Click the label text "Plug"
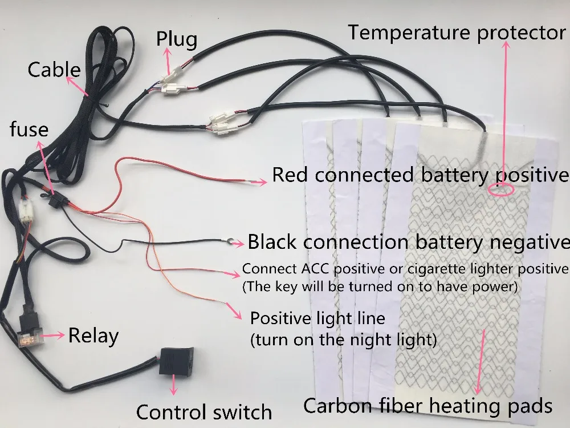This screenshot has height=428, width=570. [177, 39]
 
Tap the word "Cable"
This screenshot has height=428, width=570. [54, 70]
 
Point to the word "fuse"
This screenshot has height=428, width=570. [29, 130]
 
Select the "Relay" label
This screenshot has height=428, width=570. [93, 336]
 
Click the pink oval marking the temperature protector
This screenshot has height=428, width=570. [501, 189]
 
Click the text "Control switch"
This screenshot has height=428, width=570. [204, 411]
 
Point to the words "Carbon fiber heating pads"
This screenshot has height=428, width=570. [427, 406]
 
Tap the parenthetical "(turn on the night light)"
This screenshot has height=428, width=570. [344, 341]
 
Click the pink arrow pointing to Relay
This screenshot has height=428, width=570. [55, 336]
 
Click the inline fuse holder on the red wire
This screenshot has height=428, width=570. [57, 201]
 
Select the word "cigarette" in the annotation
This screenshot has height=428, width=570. [447, 268]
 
